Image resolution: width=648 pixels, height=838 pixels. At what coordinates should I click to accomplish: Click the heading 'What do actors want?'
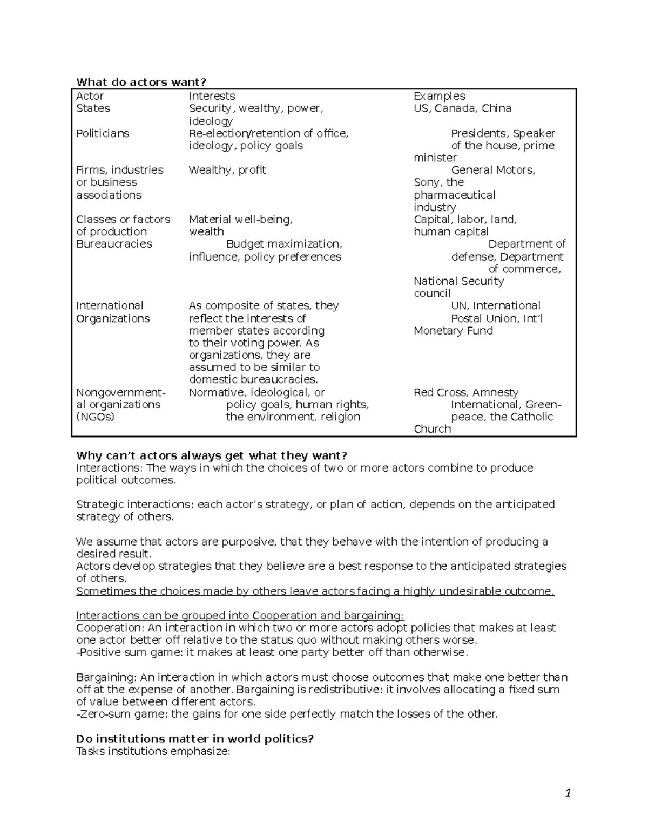[x=141, y=82]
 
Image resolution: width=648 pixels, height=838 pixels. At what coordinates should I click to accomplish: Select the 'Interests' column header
[x=212, y=96]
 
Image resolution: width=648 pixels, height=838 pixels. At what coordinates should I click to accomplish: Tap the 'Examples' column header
[x=439, y=96]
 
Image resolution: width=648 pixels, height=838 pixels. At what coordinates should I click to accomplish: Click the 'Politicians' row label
[x=103, y=133]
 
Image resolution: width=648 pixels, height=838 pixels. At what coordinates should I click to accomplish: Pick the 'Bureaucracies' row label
[x=114, y=244]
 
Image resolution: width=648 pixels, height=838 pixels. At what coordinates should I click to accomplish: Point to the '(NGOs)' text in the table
[x=95, y=417]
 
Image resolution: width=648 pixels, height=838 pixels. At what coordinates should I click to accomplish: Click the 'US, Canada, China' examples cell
[x=462, y=108]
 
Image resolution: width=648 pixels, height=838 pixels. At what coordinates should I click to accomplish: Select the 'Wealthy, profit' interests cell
[x=227, y=170]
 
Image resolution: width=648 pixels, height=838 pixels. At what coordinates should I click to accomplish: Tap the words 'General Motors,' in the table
[x=493, y=170]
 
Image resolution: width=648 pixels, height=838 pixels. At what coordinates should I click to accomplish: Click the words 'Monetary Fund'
[x=453, y=331]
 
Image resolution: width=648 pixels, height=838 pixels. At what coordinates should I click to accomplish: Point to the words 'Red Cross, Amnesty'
[x=466, y=392]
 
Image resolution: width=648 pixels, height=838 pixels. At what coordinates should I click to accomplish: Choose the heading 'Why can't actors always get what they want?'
[x=212, y=456]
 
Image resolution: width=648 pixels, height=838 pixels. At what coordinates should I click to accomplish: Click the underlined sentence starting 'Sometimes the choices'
[x=315, y=591]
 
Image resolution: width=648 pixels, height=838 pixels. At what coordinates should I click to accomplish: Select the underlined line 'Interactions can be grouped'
[x=240, y=616]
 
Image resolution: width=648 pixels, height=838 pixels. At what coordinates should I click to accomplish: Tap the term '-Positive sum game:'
[x=122, y=652]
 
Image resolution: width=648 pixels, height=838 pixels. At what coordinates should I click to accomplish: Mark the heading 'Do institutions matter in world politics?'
[x=195, y=739]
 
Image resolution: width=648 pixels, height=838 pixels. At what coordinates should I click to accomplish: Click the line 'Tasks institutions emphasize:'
[x=153, y=751]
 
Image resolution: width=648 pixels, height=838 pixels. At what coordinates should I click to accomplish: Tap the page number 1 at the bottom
[x=568, y=793]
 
